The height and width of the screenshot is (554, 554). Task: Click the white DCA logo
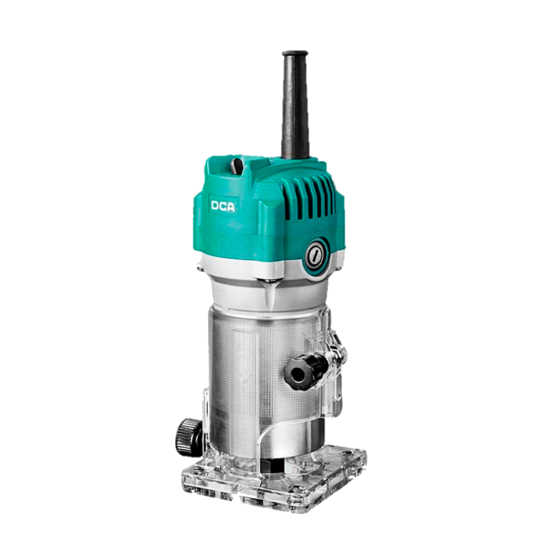(x=223, y=206)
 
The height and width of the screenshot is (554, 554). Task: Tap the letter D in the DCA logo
(x=215, y=206)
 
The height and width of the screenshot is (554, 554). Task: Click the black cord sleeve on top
(x=295, y=106)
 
